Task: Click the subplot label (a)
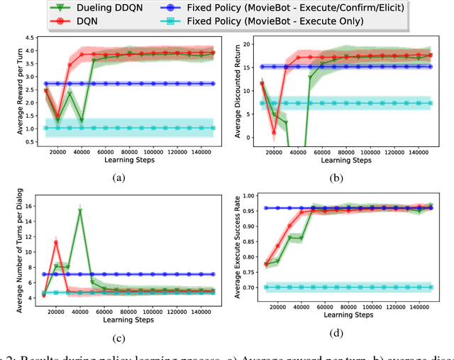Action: click(118, 178)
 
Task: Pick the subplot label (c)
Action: click(118, 339)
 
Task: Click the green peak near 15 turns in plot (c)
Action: click(80, 211)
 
